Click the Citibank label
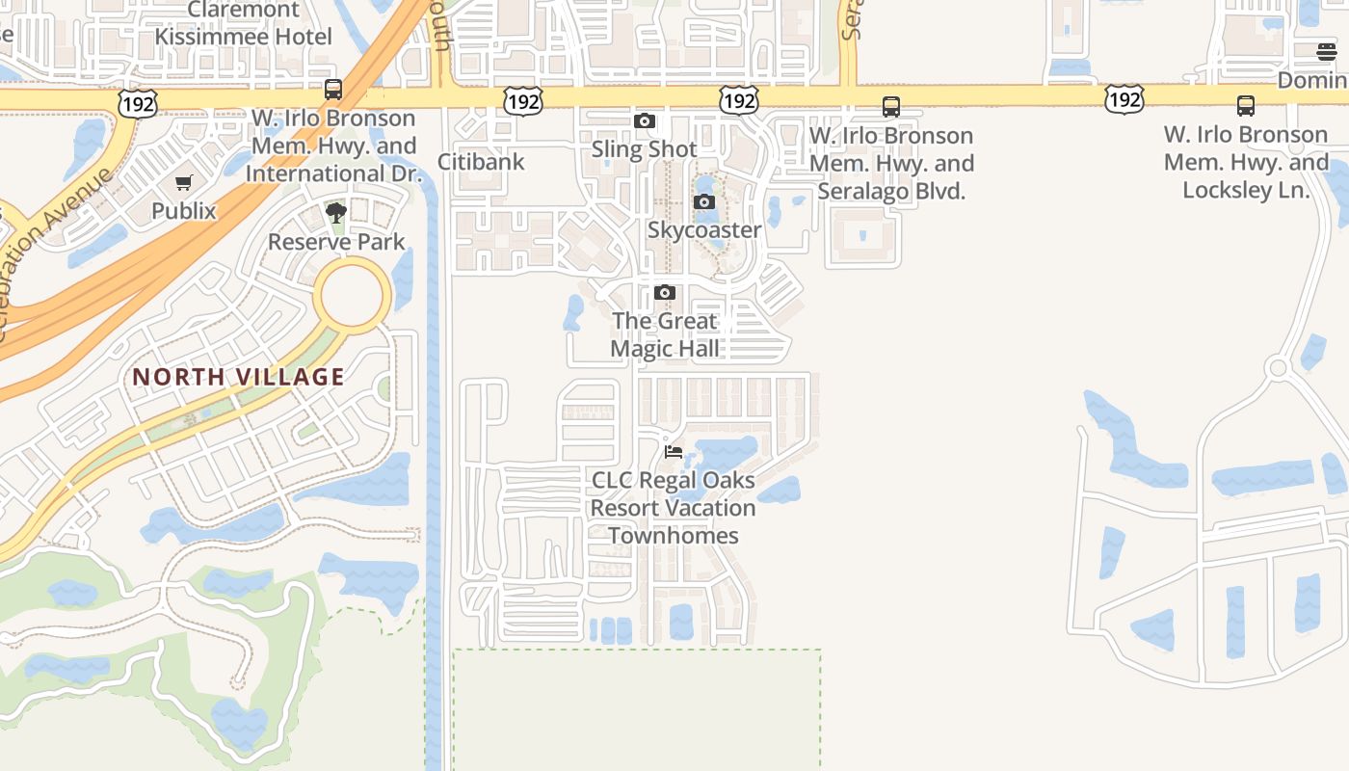tap(481, 161)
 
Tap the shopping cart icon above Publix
tap(184, 182)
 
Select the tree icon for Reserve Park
tap(336, 213)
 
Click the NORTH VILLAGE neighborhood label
tap(238, 377)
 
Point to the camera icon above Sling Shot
tap(645, 120)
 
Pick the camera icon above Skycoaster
tap(704, 201)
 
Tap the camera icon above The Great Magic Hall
tap(665, 292)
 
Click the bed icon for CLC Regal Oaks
tap(674, 450)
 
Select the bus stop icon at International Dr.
tap(333, 90)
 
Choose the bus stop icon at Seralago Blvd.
tap(891, 107)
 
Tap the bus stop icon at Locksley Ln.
tap(1246, 106)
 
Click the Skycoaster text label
tap(704, 230)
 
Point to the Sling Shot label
tap(644, 149)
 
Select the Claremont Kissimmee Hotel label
tap(244, 23)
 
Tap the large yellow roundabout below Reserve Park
tap(356, 295)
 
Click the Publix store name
tap(184, 210)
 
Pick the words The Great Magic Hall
tap(665, 334)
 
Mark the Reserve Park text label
tap(336, 242)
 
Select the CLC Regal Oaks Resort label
tap(673, 507)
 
